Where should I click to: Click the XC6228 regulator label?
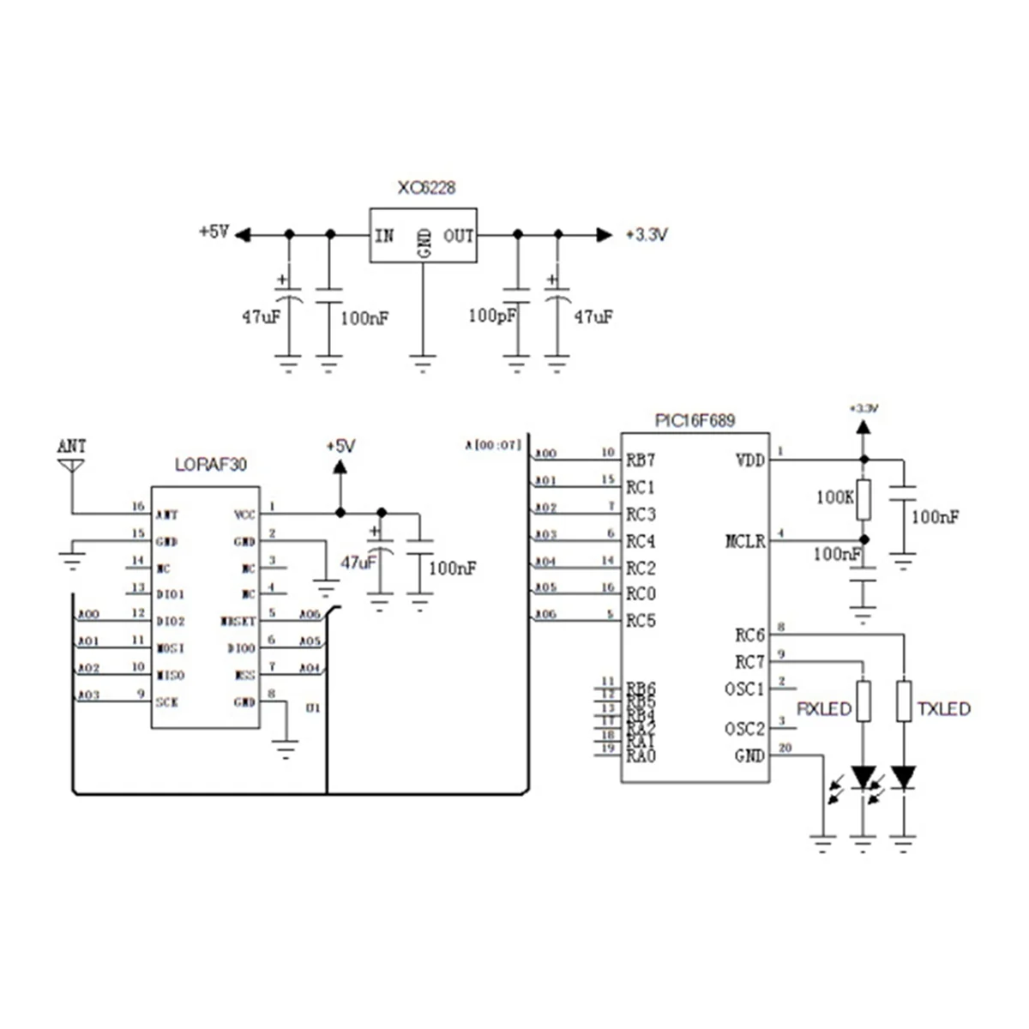[425, 188]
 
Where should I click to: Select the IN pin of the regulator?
[384, 235]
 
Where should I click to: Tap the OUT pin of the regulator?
[459, 235]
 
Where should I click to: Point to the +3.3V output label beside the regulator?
[647, 235]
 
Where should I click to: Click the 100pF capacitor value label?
[492, 316]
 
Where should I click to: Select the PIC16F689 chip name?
[695, 421]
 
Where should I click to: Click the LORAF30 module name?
[210, 464]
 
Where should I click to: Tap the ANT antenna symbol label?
[71, 447]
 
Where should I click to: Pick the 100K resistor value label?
[833, 496]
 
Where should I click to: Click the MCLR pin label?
[744, 541]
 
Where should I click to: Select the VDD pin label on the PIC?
[749, 460]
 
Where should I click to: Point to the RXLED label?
[824, 709]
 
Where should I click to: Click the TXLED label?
[943, 709]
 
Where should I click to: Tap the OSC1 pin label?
[743, 689]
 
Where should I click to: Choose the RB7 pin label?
[641, 460]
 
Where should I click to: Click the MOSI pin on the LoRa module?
[170, 648]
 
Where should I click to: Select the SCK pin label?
[167, 701]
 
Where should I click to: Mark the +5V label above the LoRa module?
[340, 447]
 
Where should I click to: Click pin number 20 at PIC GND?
[785, 748]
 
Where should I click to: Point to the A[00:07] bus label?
[493, 444]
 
